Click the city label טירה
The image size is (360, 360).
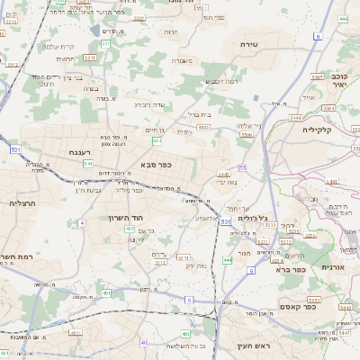(249, 43)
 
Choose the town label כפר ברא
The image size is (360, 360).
(292, 268)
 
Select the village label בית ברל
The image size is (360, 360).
(198, 115)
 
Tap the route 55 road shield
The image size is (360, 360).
(242, 168)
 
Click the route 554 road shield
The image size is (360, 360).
(157, 141)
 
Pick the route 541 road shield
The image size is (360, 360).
(87, 164)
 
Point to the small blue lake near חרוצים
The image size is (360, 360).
(94, 30)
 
